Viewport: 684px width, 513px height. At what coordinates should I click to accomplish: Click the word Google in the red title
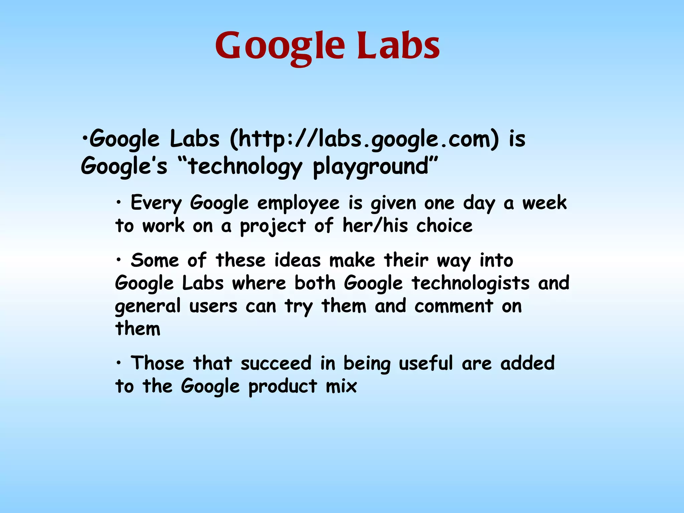pyautogui.click(x=280, y=47)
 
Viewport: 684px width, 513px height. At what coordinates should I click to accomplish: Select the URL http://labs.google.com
pyautogui.click(x=364, y=139)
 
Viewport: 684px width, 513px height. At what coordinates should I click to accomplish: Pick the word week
pyautogui.click(x=544, y=203)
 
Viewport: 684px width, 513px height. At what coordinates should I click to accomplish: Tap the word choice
pyautogui.click(x=444, y=226)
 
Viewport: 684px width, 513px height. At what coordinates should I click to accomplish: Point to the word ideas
pyautogui.click(x=297, y=260)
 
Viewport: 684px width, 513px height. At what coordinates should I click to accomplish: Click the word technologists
pyautogui.click(x=471, y=283)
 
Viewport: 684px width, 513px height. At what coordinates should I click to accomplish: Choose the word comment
pyautogui.click(x=454, y=306)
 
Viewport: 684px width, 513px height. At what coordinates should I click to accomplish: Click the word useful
pyautogui.click(x=426, y=363)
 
